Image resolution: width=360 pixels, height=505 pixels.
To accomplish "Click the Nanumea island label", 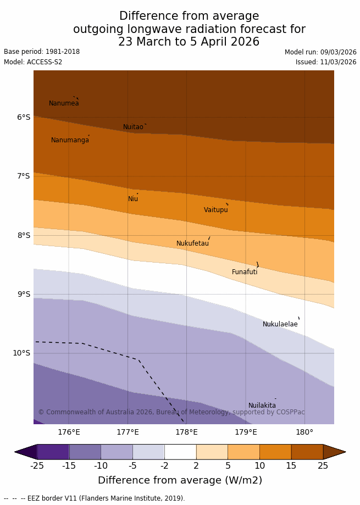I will coord(64,103).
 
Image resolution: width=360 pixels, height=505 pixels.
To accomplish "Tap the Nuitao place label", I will coord(133,127).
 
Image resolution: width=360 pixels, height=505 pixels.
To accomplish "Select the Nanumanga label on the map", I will coord(70,140).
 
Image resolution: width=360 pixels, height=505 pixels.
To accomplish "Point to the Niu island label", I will coord(133,199).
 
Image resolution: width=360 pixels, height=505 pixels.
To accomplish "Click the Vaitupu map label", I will coord(215,210).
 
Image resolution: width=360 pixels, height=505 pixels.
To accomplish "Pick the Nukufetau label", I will coord(192,243).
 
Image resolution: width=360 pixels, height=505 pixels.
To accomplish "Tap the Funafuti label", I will coord(245,272).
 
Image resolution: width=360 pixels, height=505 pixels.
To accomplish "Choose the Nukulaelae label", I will coord(280,324).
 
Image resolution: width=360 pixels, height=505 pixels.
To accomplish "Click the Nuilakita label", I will coord(262,406).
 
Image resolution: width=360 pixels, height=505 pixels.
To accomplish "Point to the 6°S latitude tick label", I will coord(23,117).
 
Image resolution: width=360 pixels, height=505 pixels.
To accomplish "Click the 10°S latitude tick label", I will coord(21,353).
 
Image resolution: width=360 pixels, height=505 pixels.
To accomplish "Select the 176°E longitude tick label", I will coord(69,432).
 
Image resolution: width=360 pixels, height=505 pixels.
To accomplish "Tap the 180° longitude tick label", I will coord(304,432).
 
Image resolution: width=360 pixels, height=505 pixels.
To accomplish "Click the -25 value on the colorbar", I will coord(37,466).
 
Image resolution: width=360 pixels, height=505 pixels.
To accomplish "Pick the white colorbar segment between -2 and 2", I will coord(180,452).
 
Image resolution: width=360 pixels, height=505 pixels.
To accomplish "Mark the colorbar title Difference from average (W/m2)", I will coord(180,480).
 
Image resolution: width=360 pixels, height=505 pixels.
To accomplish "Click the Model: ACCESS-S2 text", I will coord(33,62).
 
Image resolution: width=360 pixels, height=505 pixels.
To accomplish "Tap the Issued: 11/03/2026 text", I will coord(326,62).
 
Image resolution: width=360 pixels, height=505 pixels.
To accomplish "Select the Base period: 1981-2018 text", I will coord(42,52).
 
